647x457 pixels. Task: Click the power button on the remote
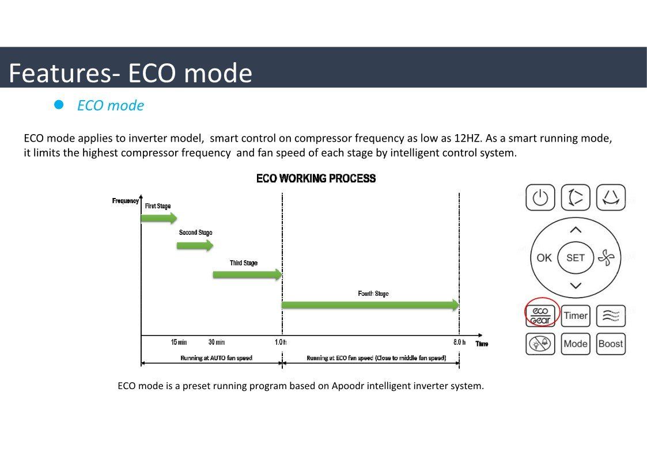coord(540,198)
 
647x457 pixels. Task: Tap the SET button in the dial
coord(576,257)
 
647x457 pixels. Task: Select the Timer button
coord(576,315)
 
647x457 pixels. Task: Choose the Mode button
coord(576,344)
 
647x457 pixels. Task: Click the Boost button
coord(611,344)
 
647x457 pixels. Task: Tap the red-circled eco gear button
coord(540,315)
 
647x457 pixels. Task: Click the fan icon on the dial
coord(606,258)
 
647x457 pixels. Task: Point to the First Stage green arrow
coord(159,218)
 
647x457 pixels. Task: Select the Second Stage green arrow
coord(195,246)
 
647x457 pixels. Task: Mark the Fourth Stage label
coord(373,294)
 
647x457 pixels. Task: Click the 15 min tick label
coord(179,342)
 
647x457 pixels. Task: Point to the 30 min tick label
coord(217,342)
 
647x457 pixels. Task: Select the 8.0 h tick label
coord(459,342)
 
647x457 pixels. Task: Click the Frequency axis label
coord(126,201)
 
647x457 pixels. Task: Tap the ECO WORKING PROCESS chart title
coord(316,178)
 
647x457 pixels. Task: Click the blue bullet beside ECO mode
coord(59,105)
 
